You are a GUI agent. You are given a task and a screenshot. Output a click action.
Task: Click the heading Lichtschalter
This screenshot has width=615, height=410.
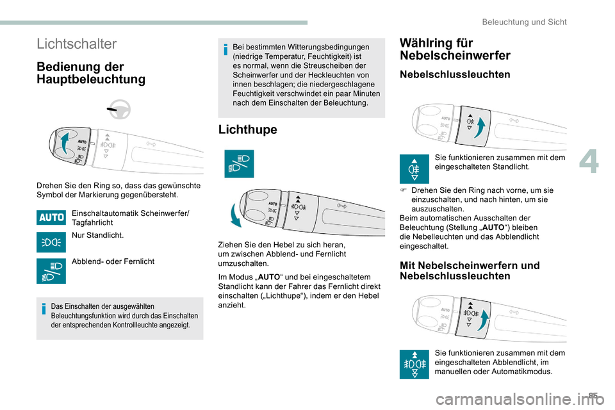[x=77, y=44]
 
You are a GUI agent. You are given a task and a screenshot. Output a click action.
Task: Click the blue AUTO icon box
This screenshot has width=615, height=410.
[x=51, y=217]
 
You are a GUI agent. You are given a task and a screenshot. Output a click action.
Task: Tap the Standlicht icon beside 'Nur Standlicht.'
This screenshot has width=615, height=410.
[x=51, y=242]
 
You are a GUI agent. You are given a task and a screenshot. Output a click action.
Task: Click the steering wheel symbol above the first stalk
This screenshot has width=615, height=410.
[x=119, y=110]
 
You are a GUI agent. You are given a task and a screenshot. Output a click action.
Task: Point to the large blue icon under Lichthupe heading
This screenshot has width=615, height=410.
[x=238, y=163]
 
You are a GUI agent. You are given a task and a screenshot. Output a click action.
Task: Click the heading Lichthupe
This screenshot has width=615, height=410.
[x=247, y=129]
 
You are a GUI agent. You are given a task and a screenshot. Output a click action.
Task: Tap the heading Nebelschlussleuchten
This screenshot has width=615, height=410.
[x=454, y=74]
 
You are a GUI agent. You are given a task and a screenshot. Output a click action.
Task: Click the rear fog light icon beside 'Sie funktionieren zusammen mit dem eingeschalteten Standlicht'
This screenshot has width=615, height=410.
[x=414, y=169]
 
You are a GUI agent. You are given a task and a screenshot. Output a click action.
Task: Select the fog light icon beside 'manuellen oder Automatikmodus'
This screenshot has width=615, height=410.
[x=414, y=364]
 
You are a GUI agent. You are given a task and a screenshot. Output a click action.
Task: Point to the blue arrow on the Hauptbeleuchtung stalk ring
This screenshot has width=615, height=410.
[x=64, y=142]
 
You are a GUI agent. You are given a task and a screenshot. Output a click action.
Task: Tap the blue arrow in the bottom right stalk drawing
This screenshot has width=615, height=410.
[x=484, y=318]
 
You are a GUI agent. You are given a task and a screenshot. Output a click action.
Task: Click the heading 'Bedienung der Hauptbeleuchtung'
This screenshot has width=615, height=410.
[x=91, y=73]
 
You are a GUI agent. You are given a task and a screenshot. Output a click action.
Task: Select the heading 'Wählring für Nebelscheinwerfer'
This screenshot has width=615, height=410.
[x=454, y=49]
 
